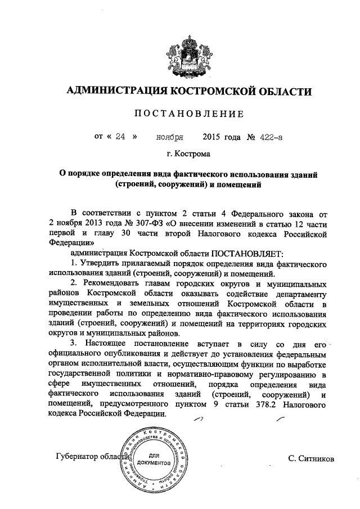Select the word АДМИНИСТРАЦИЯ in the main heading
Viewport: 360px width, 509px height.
point(110,91)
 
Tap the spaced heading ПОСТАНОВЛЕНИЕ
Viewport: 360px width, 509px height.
point(188,114)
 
